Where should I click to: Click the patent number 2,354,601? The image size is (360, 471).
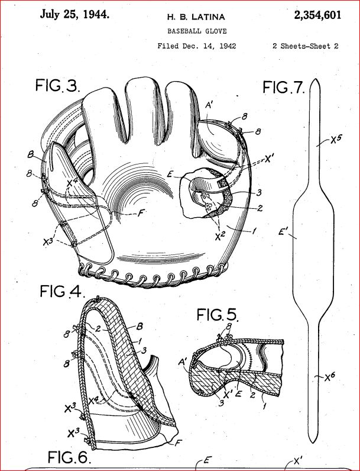317,15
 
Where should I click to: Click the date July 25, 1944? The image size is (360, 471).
74,14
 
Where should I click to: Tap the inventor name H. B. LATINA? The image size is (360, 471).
196,17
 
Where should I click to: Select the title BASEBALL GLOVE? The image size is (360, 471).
197,31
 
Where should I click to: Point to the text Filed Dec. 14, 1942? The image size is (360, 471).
197,46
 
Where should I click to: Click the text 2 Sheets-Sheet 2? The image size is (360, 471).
306,46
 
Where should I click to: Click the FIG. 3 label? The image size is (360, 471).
57,85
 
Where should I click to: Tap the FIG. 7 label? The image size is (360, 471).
284,88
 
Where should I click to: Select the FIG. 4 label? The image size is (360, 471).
61,291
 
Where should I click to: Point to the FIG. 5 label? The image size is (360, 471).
218,315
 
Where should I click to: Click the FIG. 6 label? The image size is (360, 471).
69,457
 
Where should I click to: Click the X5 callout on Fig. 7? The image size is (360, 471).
336,140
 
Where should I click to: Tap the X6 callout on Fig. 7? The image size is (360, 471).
330,378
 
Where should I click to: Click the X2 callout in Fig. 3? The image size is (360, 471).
220,237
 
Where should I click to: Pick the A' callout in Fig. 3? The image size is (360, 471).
209,106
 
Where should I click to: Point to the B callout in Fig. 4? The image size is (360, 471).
140,327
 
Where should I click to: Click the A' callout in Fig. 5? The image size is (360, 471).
182,363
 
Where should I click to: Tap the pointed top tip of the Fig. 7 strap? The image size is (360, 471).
315,79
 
